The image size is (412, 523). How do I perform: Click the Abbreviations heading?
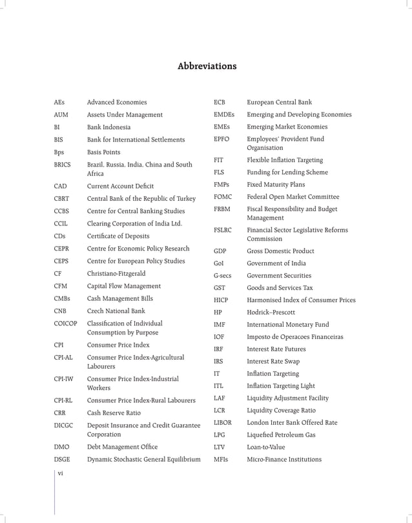207,67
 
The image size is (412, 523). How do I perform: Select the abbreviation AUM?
61,115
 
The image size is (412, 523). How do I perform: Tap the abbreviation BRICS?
63,165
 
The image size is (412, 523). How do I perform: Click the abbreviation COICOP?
65,323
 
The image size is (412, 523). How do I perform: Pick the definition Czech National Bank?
116,311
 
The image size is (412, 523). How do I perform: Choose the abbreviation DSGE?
62,460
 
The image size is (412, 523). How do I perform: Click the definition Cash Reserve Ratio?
114,413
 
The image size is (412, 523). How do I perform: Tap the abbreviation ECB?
219,102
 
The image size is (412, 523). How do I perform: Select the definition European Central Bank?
279,102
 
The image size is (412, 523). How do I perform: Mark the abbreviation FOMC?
222,197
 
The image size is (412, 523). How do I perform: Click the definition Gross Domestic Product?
280,251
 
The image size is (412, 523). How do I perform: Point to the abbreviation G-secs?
222,276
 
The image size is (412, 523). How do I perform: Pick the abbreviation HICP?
221,300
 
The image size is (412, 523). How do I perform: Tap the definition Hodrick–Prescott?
271,313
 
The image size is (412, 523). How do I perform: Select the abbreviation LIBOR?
222,423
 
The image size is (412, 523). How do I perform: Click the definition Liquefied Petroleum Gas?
281,435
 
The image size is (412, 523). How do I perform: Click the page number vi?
60,474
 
